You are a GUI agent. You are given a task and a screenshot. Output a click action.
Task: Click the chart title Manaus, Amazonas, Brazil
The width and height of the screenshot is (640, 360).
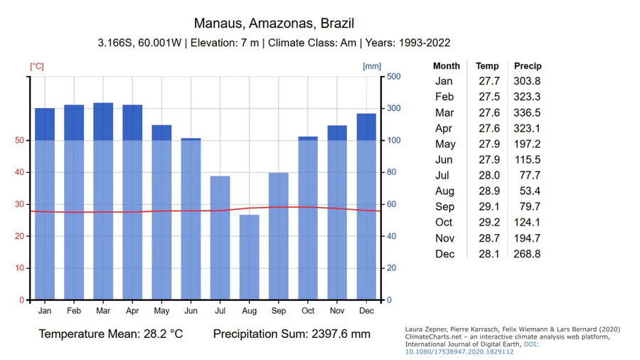[x=274, y=24]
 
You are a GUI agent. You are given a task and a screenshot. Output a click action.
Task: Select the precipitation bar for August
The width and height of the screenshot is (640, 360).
[x=249, y=257]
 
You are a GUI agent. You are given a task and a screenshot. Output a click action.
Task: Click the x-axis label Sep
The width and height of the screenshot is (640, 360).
[x=278, y=311]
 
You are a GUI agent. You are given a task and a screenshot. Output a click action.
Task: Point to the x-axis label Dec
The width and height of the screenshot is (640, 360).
[x=366, y=311]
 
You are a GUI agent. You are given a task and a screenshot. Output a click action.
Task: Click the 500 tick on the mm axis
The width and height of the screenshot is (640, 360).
[x=393, y=77]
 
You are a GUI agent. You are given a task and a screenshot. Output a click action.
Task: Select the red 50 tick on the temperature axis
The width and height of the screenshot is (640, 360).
[x=19, y=141]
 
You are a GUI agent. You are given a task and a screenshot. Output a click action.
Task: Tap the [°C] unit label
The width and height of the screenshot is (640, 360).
[x=36, y=67]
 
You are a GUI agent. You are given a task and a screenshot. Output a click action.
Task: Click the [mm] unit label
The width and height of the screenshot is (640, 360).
[x=372, y=67]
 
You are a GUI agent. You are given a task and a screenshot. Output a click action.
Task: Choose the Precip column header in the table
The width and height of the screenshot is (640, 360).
[x=528, y=66]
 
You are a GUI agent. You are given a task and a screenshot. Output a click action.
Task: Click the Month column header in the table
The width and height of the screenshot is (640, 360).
[x=447, y=66]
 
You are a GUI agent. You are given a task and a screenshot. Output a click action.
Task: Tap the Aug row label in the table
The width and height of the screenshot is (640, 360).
[x=444, y=191]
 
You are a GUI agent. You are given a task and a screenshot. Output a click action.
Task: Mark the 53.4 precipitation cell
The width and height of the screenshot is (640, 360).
[x=530, y=191]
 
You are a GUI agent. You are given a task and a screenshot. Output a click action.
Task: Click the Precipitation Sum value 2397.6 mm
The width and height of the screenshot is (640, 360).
[x=341, y=334]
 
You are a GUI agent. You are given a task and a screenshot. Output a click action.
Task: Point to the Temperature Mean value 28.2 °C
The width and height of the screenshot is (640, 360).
[x=156, y=334]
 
